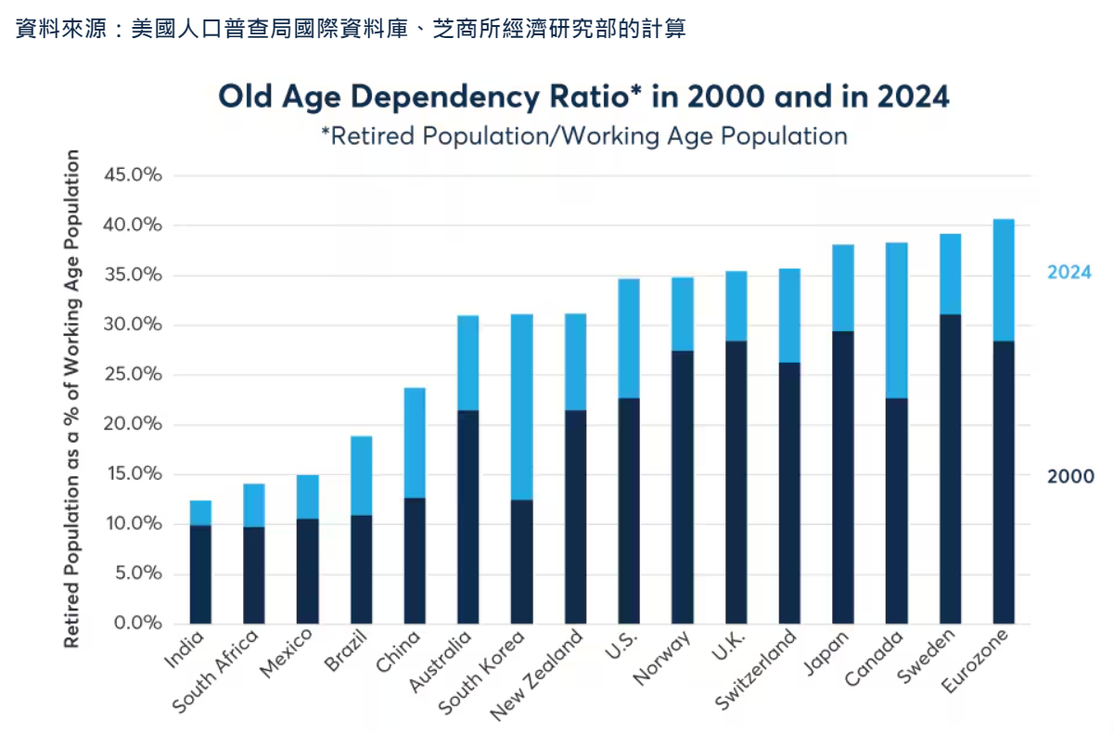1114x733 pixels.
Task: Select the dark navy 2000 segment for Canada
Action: (896, 510)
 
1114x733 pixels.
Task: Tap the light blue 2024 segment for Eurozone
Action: (1004, 280)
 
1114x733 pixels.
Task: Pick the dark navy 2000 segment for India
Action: (200, 573)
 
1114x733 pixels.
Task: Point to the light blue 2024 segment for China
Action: (415, 443)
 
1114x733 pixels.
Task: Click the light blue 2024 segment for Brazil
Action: (361, 475)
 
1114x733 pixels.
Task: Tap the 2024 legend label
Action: (1069, 273)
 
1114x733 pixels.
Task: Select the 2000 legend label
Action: (1069, 477)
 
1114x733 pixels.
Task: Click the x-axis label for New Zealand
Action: (538, 675)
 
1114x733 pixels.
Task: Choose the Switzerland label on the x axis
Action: (757, 670)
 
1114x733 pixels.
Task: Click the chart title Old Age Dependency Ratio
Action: (583, 97)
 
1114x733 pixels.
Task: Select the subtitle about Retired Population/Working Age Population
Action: (583, 136)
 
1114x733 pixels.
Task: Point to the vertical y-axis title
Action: (71, 399)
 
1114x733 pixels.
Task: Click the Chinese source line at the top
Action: (351, 29)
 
